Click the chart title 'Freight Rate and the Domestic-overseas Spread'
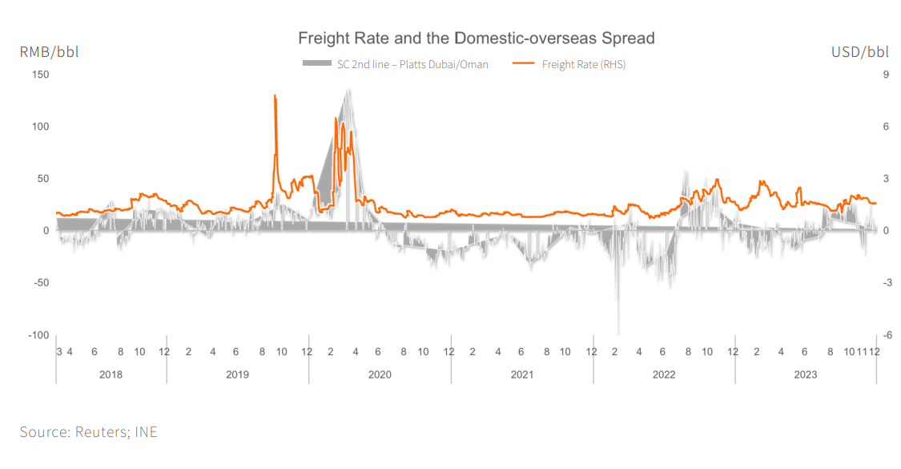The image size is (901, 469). coord(476,38)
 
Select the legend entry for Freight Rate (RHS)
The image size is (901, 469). coord(583,64)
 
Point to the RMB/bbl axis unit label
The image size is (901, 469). coord(50,52)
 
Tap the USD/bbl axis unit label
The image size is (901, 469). coord(860,52)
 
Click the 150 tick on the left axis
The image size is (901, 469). coord(40,75)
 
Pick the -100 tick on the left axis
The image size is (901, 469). coord(38,335)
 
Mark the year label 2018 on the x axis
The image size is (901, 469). coord(111,374)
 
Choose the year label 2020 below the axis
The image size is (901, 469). coord(380,374)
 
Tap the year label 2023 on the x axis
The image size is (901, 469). coord(805,374)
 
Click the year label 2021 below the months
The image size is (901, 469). coord(521,374)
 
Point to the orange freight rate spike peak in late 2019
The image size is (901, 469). coord(275,95)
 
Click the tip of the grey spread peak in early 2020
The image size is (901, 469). coord(348,90)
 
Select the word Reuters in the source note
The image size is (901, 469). coord(100,432)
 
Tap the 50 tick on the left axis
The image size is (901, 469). coord(42,179)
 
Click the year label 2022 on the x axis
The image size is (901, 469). coord(664,374)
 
